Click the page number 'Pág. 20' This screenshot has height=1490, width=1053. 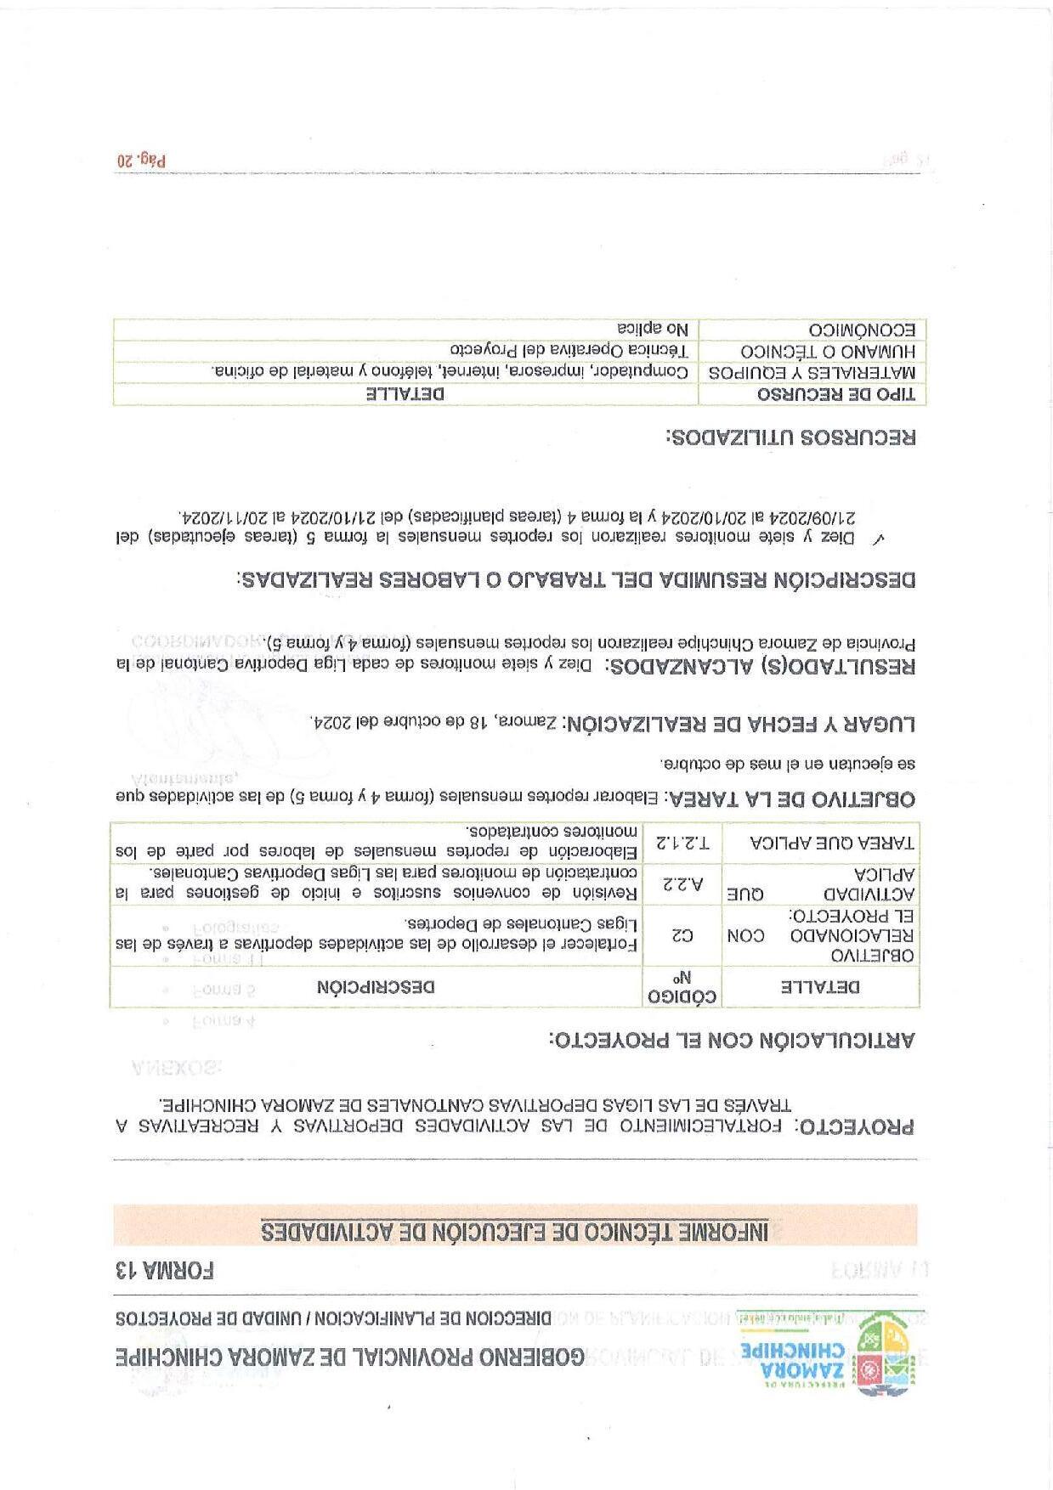[141, 160]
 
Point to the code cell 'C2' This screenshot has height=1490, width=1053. [682, 935]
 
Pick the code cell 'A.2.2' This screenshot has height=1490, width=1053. [682, 883]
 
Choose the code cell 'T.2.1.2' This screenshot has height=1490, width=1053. [682, 843]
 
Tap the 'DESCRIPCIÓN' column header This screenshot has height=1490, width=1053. [376, 987]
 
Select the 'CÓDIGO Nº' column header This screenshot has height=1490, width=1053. [682, 987]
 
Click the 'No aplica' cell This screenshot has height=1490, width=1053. [653, 330]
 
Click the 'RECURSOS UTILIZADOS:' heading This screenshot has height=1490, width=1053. [791, 438]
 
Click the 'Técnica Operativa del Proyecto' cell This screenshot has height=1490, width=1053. [569, 351]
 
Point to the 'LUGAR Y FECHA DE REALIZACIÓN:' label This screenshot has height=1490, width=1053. [739, 724]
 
